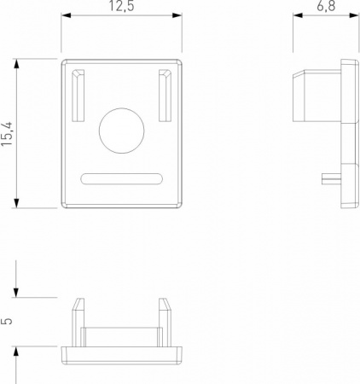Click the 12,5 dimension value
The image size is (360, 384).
click(x=121, y=6)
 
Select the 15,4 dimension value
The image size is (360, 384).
click(x=7, y=134)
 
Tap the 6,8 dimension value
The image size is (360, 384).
click(x=326, y=6)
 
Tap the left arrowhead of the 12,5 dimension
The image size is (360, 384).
click(x=66, y=15)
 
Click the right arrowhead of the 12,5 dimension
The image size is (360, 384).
click(x=177, y=15)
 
